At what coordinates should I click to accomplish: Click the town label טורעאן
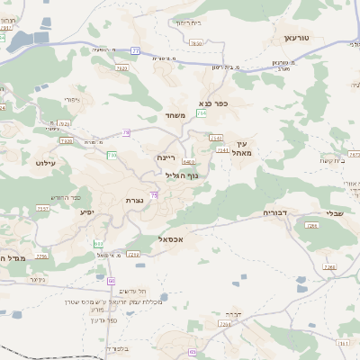point(296,38)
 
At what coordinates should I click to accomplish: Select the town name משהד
point(175,115)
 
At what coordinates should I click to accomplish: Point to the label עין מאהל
point(241,148)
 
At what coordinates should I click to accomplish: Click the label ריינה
point(166,157)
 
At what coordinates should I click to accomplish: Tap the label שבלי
point(332,213)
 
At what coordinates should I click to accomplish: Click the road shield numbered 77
point(135,51)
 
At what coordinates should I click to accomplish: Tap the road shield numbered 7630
point(196,42)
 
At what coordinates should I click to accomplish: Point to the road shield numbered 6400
point(188,161)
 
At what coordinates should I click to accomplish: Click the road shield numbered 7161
point(214,138)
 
